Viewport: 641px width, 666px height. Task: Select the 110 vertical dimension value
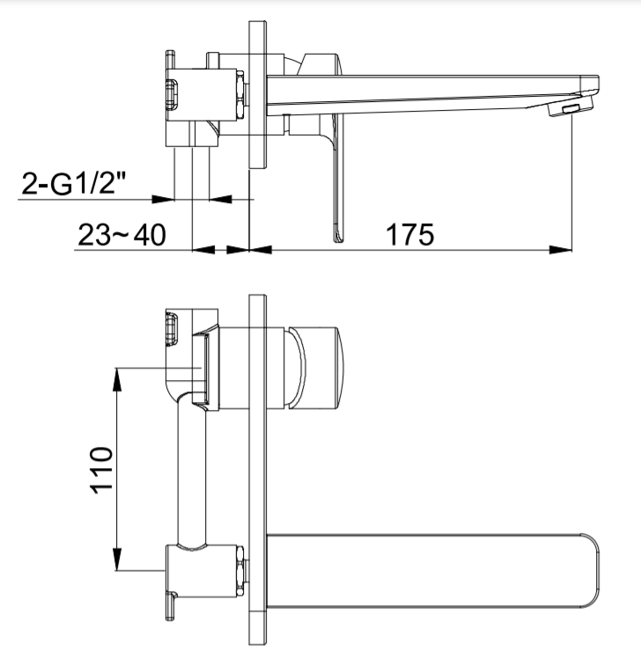pyautogui.click(x=103, y=470)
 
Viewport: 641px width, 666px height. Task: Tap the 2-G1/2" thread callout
pyautogui.click(x=76, y=186)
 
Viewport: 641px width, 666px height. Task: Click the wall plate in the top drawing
pyautogui.click(x=258, y=97)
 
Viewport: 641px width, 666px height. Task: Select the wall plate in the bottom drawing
pyautogui.click(x=258, y=457)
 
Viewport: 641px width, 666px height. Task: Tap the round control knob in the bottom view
pyautogui.click(x=320, y=365)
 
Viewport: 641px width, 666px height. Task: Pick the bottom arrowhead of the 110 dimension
pyautogui.click(x=117, y=563)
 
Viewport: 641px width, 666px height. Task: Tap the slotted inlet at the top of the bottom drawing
pyautogui.click(x=171, y=328)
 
